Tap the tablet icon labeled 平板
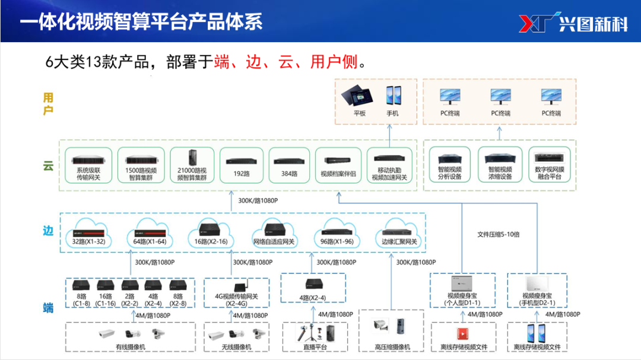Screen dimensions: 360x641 point(360,95)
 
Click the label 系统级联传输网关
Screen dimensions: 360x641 point(88,173)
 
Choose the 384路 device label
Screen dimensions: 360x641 point(289,174)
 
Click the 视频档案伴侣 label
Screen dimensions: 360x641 point(338,174)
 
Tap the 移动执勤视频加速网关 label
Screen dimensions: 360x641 point(389,173)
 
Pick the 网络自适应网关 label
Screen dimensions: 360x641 point(274,242)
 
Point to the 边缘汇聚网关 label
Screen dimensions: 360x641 point(399,242)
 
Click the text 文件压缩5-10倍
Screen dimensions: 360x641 point(499,234)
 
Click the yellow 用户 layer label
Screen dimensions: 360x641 point(48,103)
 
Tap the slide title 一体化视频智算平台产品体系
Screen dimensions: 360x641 point(141,23)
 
